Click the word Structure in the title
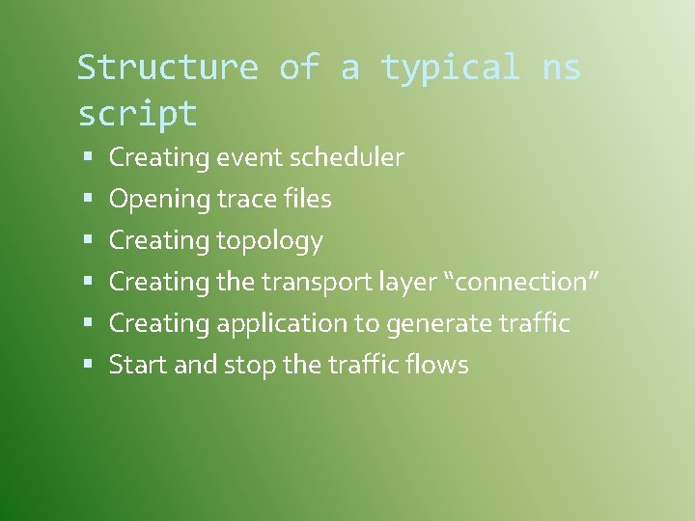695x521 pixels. pos(167,68)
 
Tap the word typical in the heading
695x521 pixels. pos(450,68)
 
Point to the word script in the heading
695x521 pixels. pos(137,115)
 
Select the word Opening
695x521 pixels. pos(159,200)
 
